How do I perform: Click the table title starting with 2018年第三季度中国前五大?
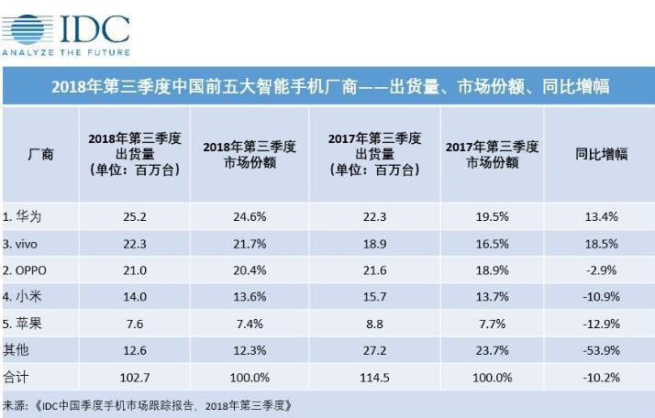pos(330,87)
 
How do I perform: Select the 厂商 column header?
pos(40,154)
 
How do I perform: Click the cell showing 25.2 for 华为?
pos(135,217)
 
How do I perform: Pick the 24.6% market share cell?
pos(249,217)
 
